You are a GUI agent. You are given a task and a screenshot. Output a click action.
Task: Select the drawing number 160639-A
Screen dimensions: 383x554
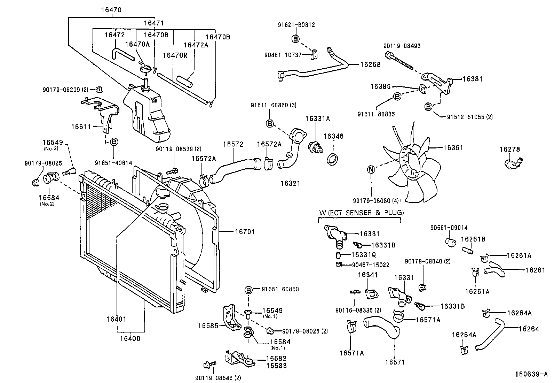(531, 374)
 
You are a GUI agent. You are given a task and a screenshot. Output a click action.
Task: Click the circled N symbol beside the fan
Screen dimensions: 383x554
(371, 170)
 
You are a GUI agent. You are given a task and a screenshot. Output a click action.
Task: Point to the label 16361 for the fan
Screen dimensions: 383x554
(453, 148)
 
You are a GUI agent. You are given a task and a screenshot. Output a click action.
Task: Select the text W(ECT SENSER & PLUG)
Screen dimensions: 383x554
(362, 213)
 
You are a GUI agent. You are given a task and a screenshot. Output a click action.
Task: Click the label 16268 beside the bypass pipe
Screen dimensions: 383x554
(370, 64)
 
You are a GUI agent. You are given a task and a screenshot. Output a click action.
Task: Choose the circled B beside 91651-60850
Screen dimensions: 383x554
(248, 289)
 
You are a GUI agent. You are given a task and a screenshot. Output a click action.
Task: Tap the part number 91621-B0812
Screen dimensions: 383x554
(296, 25)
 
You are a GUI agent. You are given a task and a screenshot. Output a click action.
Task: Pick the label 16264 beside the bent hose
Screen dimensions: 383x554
(529, 329)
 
